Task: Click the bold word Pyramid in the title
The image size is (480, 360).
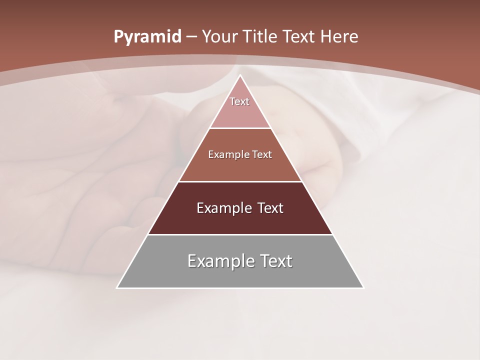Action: (147, 37)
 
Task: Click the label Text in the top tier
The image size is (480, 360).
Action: (239, 101)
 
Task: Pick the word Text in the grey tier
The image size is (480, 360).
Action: (275, 260)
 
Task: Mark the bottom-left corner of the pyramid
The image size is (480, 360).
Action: (117, 287)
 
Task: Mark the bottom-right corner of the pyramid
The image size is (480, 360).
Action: (363, 287)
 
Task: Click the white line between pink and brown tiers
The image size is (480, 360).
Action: (240, 128)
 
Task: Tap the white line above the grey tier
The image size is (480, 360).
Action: (240, 234)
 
